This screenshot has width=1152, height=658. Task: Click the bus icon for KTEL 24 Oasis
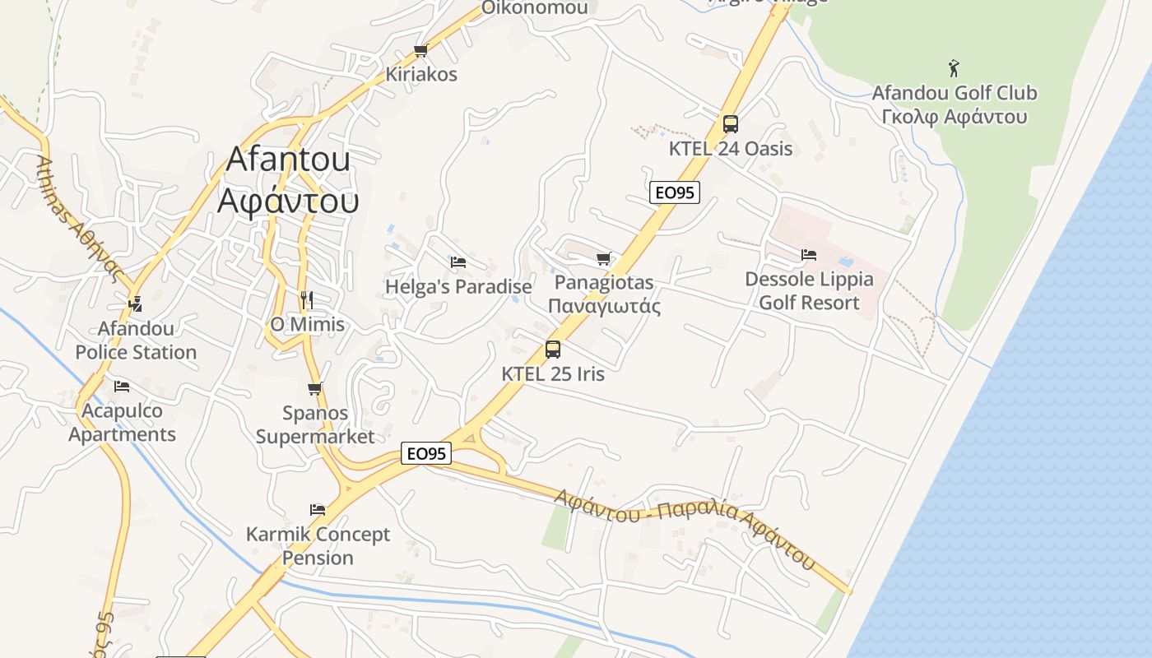point(730,124)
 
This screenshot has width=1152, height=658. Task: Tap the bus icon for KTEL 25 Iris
point(553,349)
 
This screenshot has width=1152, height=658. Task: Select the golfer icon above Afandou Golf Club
point(954,68)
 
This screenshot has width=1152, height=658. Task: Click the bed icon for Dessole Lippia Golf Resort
point(809,255)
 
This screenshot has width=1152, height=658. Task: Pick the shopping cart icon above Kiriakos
point(421,51)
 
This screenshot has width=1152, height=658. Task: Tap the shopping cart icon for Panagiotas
point(604,259)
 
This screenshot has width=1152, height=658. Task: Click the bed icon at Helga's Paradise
point(458,262)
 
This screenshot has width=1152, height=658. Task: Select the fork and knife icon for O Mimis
point(307,299)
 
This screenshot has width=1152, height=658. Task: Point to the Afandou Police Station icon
point(135,304)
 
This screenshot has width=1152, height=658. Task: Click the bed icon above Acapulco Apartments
point(122,386)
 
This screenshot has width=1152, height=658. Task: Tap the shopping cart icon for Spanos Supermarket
point(314,388)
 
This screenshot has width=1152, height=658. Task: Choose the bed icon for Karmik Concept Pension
point(318,510)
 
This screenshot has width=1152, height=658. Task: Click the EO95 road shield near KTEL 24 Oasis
point(674,192)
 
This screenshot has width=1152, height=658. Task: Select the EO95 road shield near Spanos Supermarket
point(426,453)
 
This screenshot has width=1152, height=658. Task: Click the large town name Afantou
point(288,159)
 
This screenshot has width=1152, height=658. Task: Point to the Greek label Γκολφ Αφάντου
point(954,117)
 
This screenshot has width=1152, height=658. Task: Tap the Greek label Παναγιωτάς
point(604,307)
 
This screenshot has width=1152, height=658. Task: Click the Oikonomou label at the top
point(535,8)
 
